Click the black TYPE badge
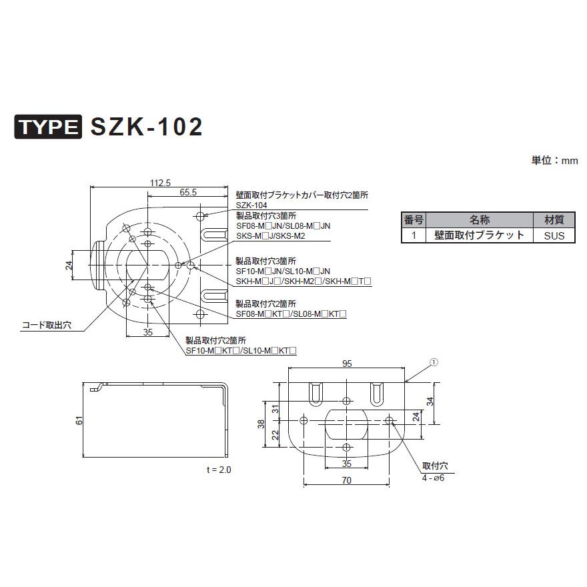(49, 127)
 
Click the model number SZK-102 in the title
(145, 127)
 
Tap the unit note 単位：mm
(554, 161)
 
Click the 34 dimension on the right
(431, 402)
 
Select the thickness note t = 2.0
(219, 470)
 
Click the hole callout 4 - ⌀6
(432, 478)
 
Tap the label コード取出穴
(46, 326)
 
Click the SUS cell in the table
(553, 235)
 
